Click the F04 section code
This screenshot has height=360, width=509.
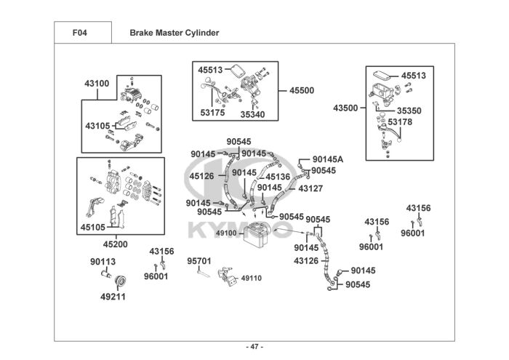[x=79, y=33]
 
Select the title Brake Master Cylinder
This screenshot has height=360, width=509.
[x=175, y=33]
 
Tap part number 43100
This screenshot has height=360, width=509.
[x=97, y=84]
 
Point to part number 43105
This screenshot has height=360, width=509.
[x=97, y=126]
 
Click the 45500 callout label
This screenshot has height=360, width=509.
[x=302, y=90]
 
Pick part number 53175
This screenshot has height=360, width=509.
[x=212, y=113]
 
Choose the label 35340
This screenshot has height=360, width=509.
[x=252, y=114]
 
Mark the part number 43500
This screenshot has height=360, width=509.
[x=345, y=108]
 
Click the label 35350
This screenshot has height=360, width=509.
[x=409, y=111]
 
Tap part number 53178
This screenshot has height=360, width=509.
[x=400, y=122]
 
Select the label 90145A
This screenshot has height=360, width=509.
[x=328, y=159]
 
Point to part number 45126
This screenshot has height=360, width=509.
[x=201, y=176]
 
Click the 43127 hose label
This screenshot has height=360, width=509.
[x=310, y=188]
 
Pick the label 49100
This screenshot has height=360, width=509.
[x=226, y=233]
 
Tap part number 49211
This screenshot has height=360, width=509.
[x=113, y=297]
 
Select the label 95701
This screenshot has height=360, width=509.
[x=199, y=261]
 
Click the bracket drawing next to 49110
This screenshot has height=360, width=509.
[x=227, y=276]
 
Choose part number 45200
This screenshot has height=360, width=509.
[x=115, y=244]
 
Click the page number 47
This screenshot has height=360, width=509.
[x=254, y=347]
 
